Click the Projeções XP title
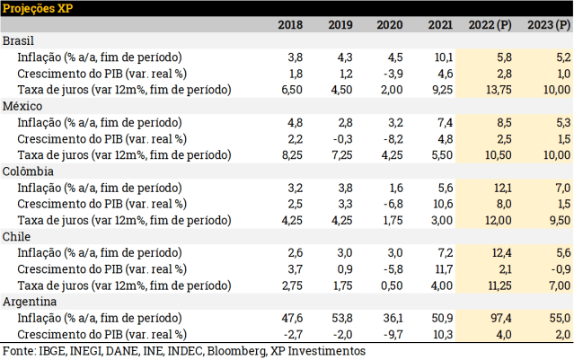coord(37,8)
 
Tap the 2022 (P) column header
coord(490,25)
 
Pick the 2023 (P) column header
coord(548,25)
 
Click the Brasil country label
coord(20,41)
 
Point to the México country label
coord(22,106)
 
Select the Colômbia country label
coord(29,171)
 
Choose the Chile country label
coord(19,235)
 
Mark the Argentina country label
coord(31,301)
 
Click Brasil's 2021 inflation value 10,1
coord(445,57)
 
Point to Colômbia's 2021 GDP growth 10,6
coord(444,203)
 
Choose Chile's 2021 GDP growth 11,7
coord(444,268)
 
